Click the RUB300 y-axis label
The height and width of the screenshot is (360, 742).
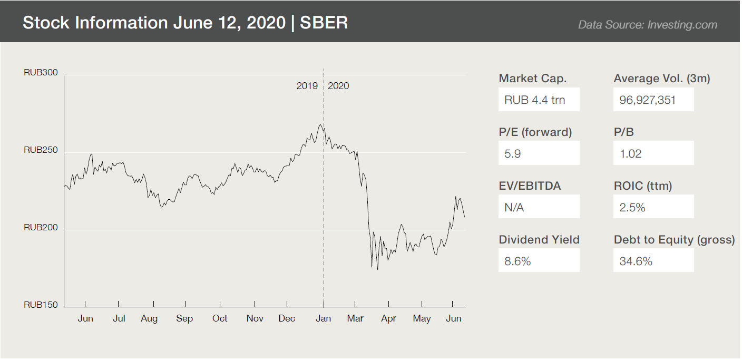[41, 73]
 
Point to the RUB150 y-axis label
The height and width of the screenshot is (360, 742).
[41, 305]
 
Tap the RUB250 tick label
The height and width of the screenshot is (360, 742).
[41, 150]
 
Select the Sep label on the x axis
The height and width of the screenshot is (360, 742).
[184, 318]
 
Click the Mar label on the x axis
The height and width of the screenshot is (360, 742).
[355, 318]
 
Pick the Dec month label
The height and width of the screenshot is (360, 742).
[287, 318]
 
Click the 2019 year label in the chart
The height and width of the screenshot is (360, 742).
[307, 86]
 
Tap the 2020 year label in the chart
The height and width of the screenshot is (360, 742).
[338, 86]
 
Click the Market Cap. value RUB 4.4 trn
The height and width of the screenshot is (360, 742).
[535, 100]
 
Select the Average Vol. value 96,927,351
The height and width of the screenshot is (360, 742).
[648, 100]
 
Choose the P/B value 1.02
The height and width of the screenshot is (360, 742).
[630, 154]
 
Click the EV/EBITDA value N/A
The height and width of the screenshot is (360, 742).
[514, 208]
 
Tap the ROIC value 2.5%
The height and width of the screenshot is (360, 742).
[632, 208]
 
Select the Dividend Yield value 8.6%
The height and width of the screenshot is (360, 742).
[518, 261]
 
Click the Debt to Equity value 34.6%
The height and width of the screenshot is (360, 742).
[636, 261]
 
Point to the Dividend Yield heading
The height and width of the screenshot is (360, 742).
[539, 240]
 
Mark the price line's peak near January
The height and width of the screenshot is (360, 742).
[320, 124]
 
